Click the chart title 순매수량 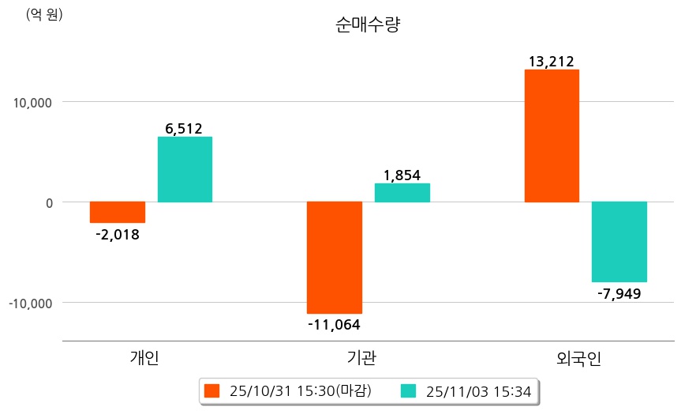pyautogui.click(x=368, y=25)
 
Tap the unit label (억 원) pyautogui.click(x=44, y=15)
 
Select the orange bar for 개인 pyautogui.click(x=117, y=212)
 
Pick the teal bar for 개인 pyautogui.click(x=185, y=169)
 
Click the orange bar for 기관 pyautogui.click(x=335, y=258)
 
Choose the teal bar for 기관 pyautogui.click(x=402, y=193)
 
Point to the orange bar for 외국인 pyautogui.click(x=552, y=136)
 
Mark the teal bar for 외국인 pyautogui.click(x=619, y=242)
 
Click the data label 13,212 pyautogui.click(x=552, y=62)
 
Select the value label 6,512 pyautogui.click(x=185, y=129)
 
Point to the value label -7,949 pyautogui.click(x=619, y=294)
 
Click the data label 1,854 pyautogui.click(x=402, y=175)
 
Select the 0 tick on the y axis pyautogui.click(x=49, y=203)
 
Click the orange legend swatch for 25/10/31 pyautogui.click(x=211, y=390)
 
